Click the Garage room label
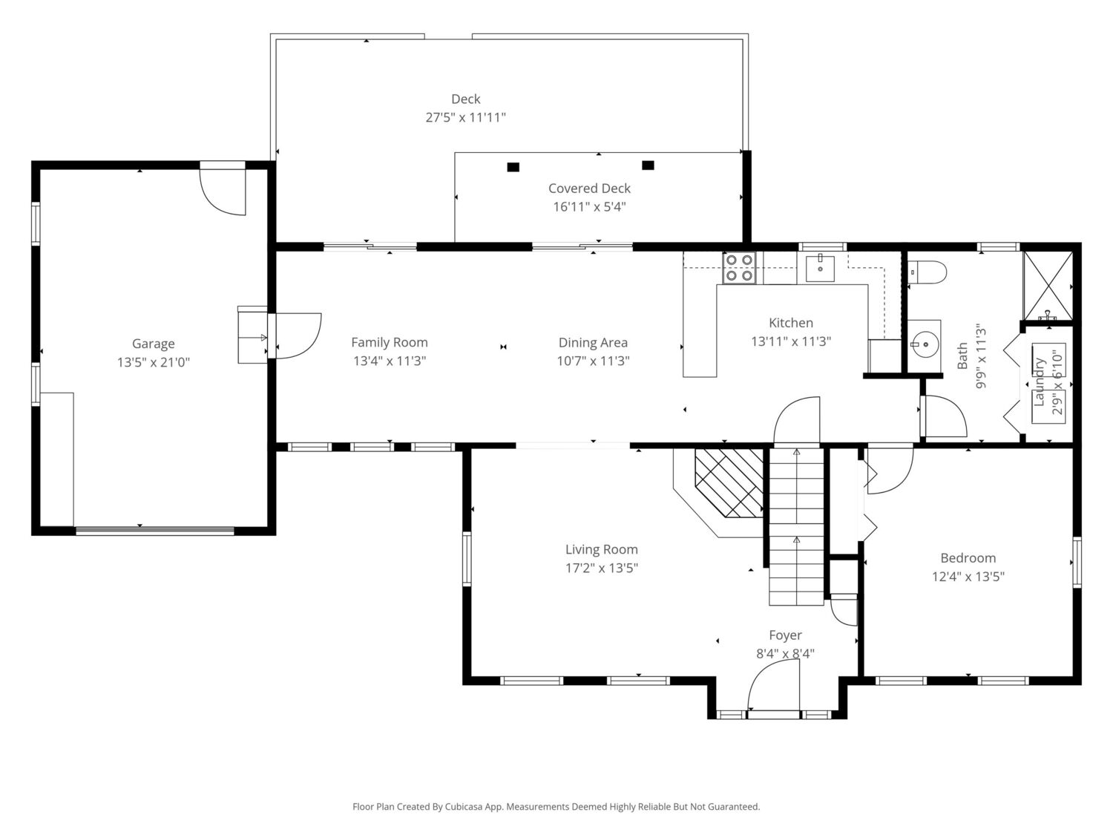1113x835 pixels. click(x=153, y=344)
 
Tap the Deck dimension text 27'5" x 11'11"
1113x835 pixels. click(x=465, y=117)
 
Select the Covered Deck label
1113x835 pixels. click(x=589, y=188)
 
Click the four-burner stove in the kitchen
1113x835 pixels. click(x=739, y=268)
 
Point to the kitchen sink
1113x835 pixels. click(x=820, y=269)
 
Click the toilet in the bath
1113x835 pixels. click(x=927, y=272)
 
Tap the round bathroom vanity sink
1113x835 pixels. click(x=924, y=345)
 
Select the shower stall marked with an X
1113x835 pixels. click(x=1048, y=286)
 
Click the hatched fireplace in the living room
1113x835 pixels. click(x=729, y=483)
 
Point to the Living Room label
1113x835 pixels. click(x=601, y=549)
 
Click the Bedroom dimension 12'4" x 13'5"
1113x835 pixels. click(x=968, y=577)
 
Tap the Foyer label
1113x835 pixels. click(x=786, y=635)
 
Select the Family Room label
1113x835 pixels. click(x=390, y=343)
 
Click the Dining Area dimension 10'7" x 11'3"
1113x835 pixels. click(x=594, y=361)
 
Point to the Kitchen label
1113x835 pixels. click(x=791, y=323)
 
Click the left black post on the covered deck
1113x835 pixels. click(x=513, y=167)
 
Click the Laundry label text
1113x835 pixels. click(x=1039, y=382)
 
